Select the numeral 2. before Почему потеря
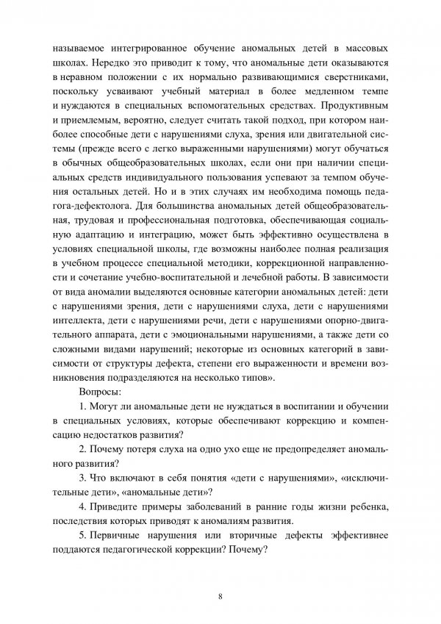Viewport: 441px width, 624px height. click(82, 448)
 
